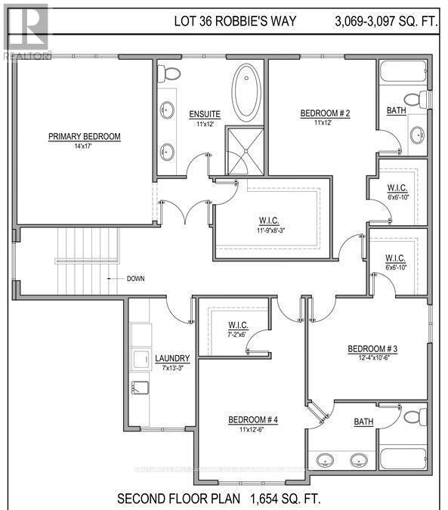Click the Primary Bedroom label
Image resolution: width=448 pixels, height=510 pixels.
(84, 136)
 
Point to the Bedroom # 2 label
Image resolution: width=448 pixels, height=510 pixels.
(326, 113)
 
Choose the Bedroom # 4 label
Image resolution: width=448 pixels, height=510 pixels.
(254, 419)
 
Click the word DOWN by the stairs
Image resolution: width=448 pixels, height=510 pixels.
(135, 278)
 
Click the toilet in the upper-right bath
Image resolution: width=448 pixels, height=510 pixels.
(414, 100)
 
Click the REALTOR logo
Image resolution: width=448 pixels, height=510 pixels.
(25, 30)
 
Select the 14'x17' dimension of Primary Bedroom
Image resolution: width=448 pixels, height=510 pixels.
(84, 147)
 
